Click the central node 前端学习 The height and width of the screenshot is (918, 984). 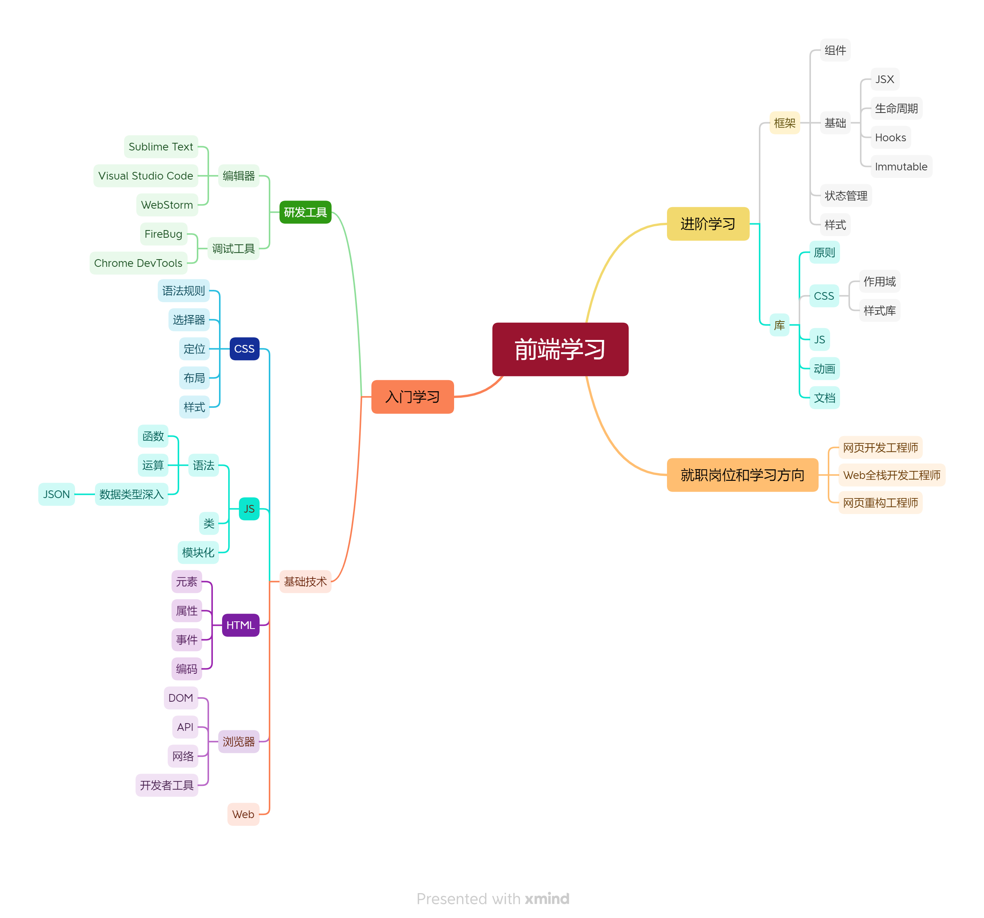click(560, 350)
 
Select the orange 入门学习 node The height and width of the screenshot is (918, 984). click(412, 397)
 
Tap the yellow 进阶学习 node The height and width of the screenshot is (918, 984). click(708, 224)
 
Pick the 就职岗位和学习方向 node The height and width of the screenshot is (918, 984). click(742, 475)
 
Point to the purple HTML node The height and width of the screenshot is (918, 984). click(240, 625)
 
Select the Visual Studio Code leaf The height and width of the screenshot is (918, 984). click(145, 176)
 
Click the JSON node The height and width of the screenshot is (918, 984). click(56, 494)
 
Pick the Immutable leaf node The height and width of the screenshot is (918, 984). click(901, 167)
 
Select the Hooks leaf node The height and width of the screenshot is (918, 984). click(891, 137)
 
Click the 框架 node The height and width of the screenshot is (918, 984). click(785, 123)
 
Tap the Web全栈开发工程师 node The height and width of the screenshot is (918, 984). click(891, 475)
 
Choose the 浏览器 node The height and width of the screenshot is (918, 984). click(239, 741)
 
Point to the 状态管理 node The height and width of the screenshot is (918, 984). click(846, 196)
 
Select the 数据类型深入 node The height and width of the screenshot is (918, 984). click(131, 494)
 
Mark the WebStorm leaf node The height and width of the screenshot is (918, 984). click(167, 205)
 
